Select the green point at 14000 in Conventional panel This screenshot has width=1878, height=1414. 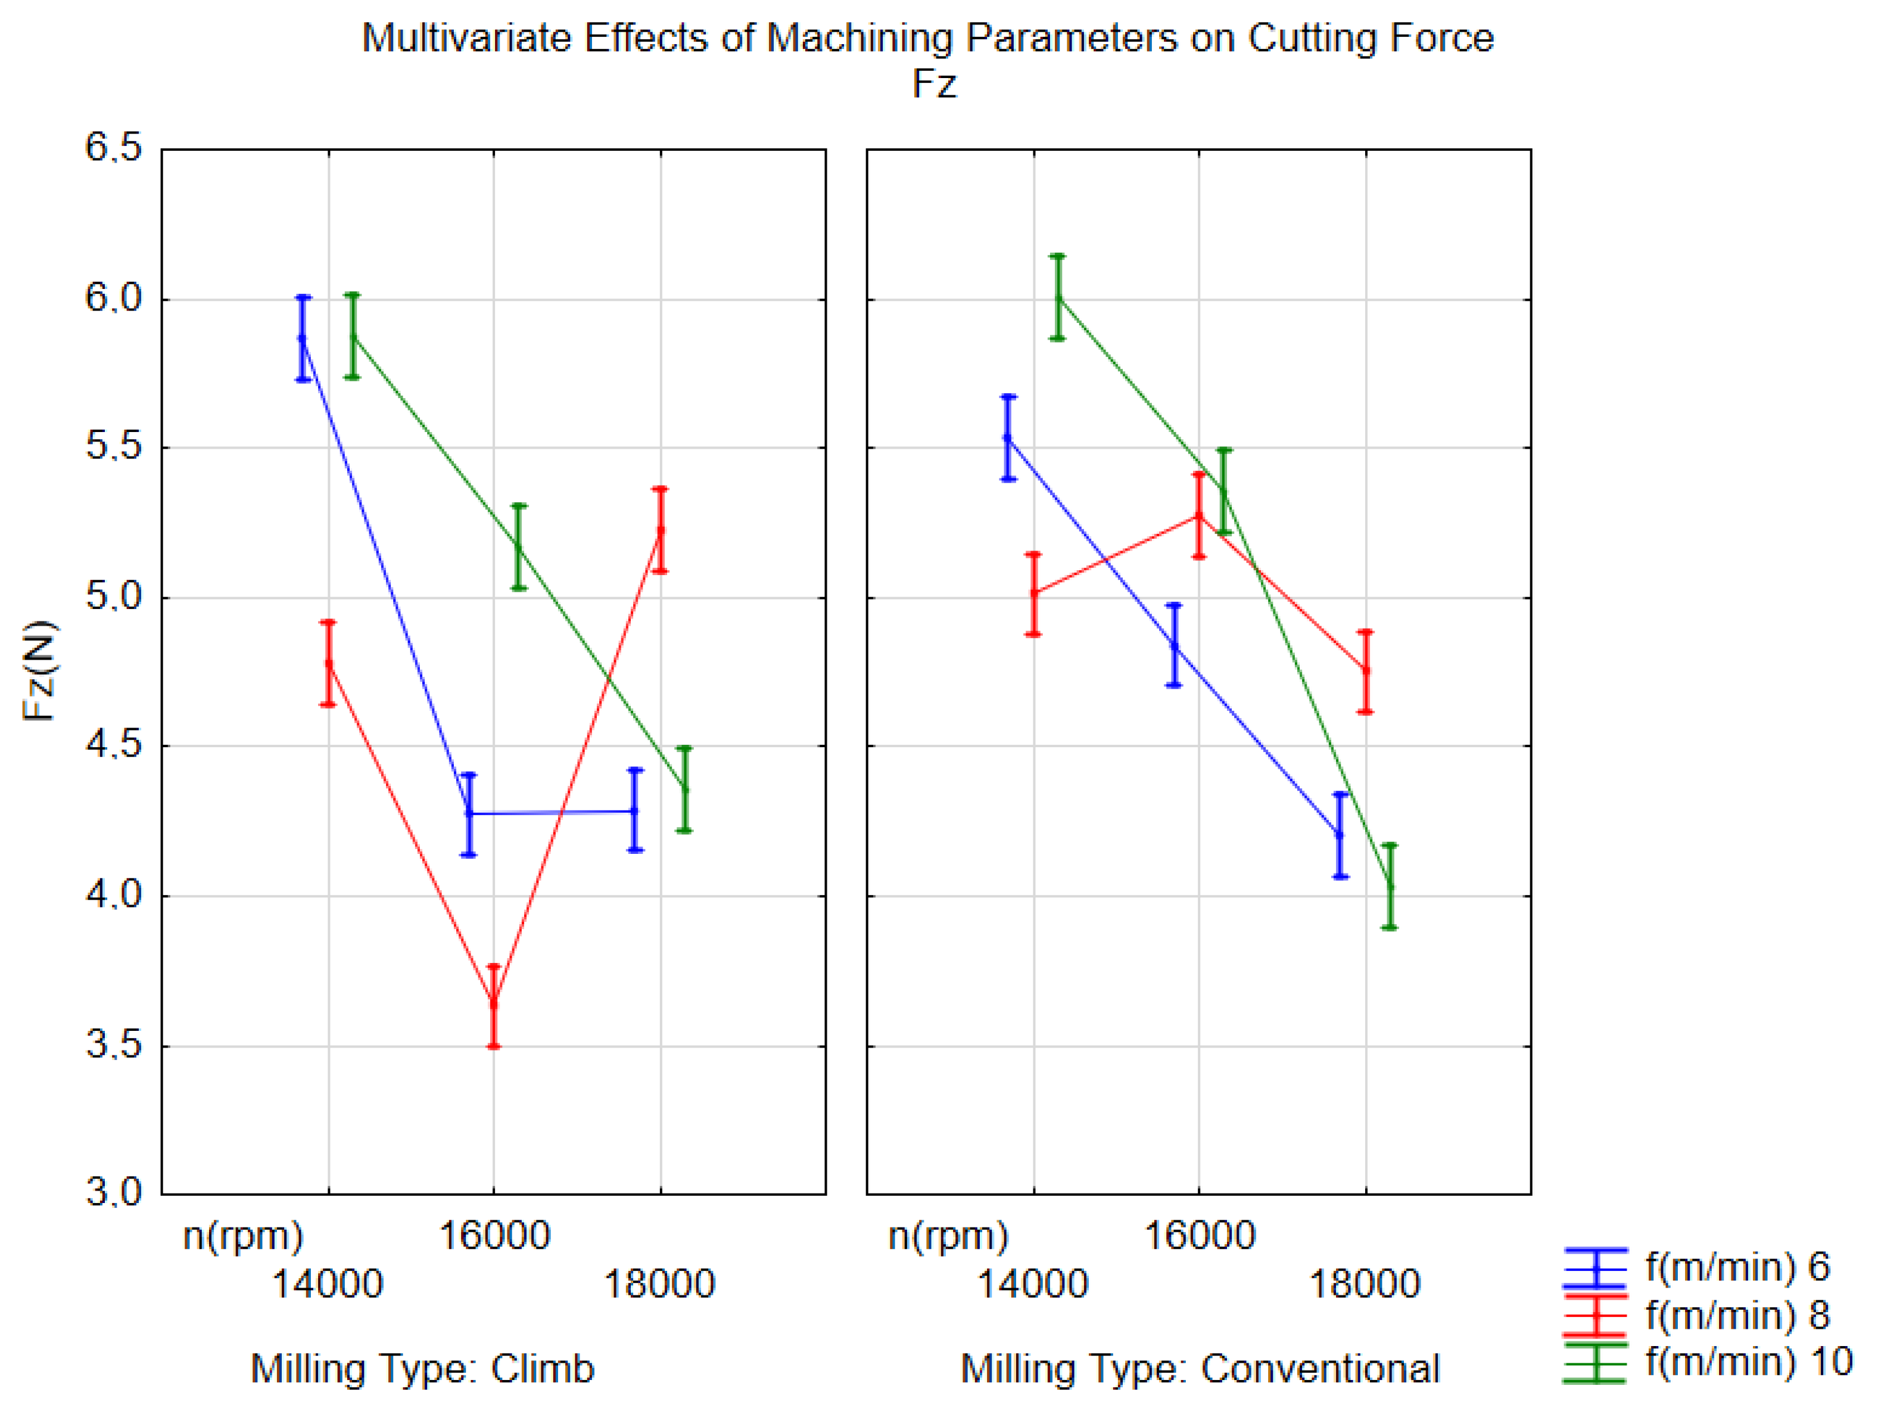click(1058, 297)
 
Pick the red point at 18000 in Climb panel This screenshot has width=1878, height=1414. click(661, 530)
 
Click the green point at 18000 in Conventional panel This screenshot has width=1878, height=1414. click(1390, 887)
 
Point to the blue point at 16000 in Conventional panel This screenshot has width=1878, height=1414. click(1174, 645)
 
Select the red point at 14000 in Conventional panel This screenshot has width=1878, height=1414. click(1033, 593)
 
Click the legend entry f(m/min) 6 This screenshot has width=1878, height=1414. click(1737, 1267)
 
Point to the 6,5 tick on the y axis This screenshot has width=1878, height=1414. click(113, 148)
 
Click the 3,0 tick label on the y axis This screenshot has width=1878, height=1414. click(113, 1192)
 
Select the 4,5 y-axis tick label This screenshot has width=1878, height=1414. click(113, 745)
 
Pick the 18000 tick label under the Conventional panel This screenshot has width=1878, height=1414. click(1365, 1284)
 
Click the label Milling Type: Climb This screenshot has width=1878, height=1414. click(423, 1368)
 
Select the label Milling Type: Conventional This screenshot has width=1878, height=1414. click(1200, 1368)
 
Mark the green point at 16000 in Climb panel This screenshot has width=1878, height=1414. click(519, 547)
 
